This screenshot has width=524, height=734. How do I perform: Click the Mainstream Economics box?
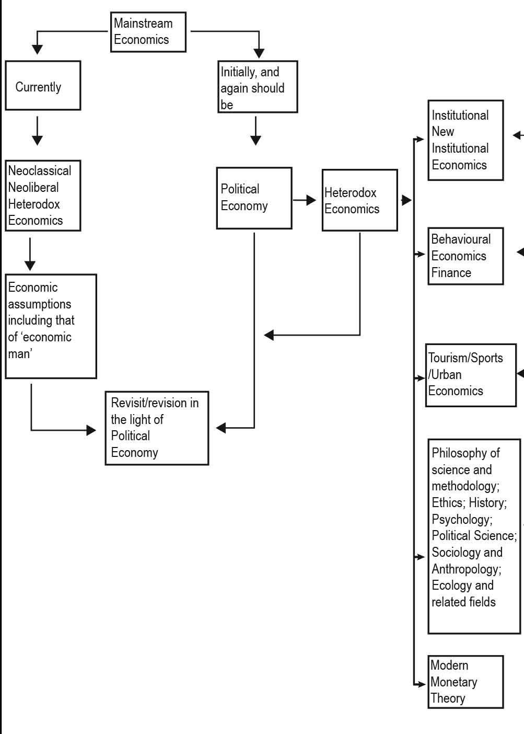[148, 32]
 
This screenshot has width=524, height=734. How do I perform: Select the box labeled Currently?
[43, 86]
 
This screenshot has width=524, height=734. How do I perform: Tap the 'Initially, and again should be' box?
[258, 87]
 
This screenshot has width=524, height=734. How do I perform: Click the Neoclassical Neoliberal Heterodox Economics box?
[43, 196]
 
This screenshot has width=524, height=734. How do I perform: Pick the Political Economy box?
[254, 198]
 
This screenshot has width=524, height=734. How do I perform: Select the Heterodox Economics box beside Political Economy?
[359, 200]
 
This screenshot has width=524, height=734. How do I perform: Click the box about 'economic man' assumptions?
[51, 326]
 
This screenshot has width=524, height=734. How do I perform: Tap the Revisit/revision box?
[157, 428]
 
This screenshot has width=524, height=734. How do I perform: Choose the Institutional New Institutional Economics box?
[465, 140]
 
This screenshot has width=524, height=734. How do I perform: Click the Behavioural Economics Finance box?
[465, 256]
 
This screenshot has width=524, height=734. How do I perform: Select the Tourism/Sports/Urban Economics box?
[471, 375]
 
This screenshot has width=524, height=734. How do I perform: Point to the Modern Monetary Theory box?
[465, 682]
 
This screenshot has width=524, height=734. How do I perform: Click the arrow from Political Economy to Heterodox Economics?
[305, 200]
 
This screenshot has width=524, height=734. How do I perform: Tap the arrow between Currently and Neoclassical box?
[37, 131]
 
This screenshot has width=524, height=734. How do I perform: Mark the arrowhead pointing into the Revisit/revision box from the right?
[220, 428]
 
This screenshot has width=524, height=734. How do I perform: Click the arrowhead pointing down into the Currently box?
[37, 50]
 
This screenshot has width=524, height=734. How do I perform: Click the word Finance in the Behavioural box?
[451, 272]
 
